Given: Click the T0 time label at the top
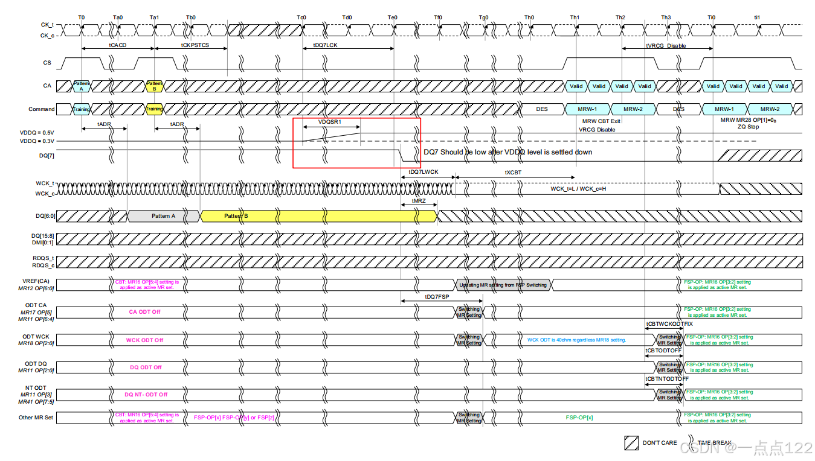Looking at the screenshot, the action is coord(82,17).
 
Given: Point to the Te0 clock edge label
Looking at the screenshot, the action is coord(393,17).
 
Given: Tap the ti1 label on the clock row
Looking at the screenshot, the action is coord(757,17).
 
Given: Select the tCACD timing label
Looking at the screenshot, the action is coord(118,45).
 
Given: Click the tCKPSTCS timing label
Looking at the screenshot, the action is coord(195,45).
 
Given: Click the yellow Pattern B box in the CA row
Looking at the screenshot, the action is coord(155,86).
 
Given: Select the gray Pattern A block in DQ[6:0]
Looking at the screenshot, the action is coord(163,216).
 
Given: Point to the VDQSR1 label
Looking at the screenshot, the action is coord(330,122).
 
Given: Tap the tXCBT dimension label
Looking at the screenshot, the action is coord(513,173).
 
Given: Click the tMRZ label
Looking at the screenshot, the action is coord(419,201).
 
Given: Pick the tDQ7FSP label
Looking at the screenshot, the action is coord(437,297).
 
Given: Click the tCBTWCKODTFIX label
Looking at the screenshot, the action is coord(669,324).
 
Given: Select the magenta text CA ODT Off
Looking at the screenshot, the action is coord(144,312).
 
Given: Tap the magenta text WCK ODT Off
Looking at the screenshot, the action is coord(144,340).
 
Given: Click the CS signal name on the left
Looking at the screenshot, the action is coord(47,62).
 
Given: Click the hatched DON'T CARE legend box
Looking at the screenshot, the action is coord(631,443).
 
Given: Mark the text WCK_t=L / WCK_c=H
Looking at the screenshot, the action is coord(578,189).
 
